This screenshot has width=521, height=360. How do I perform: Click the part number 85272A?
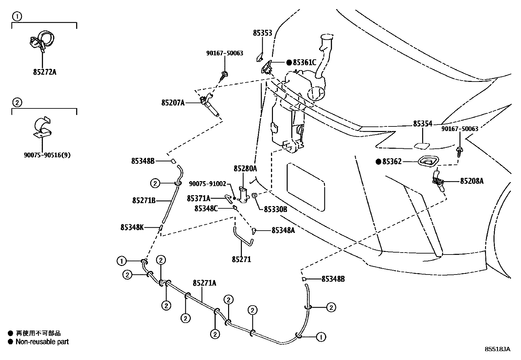pyautogui.click(x=45, y=72)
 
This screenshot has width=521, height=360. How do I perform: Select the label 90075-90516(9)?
pyautogui.click(x=47, y=155)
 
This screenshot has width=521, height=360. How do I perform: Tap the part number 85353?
pyautogui.click(x=262, y=33)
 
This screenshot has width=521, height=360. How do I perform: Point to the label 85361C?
pyautogui.click(x=304, y=63)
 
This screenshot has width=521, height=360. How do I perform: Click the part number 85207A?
pyautogui.click(x=173, y=103)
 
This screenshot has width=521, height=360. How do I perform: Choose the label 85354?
pyautogui.click(x=422, y=124)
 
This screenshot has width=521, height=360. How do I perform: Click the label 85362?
pyautogui.click(x=392, y=161)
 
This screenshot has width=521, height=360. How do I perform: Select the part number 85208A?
pyautogui.click(x=472, y=181)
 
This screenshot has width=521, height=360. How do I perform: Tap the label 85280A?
pyautogui.click(x=245, y=169)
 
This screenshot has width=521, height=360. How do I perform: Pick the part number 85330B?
pyautogui.click(x=276, y=209)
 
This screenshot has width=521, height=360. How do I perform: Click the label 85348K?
pyautogui.click(x=132, y=227)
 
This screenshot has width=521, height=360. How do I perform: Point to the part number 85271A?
pyautogui.click(x=204, y=283)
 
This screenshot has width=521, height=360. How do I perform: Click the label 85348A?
pyautogui.click(x=283, y=231)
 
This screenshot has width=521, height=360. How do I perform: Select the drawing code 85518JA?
pyautogui.click(x=497, y=349)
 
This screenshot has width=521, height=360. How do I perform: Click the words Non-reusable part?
pyautogui.click(x=42, y=342)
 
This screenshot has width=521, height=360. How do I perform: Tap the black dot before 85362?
pyautogui.click(x=378, y=161)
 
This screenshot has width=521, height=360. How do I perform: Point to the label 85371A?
pyautogui.click(x=199, y=199)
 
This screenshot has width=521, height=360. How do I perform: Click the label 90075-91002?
pyautogui.click(x=208, y=184)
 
